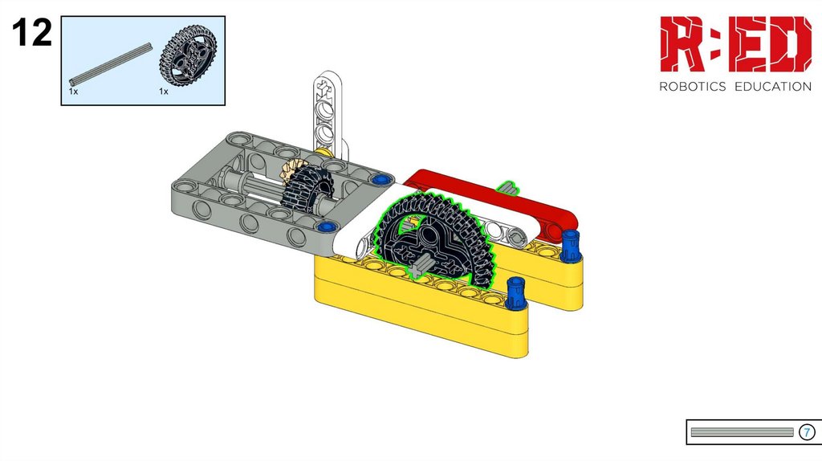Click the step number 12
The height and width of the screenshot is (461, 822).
(32, 33)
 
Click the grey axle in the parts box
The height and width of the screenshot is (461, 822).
(111, 64)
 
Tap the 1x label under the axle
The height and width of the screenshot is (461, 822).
(73, 92)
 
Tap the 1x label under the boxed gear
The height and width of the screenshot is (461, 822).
(164, 92)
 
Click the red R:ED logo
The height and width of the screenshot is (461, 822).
(735, 44)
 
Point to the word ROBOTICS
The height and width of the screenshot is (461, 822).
(693, 87)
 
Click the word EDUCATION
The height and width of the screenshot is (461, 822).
(773, 87)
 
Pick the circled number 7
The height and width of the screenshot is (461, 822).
(807, 432)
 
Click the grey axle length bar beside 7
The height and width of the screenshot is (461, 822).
(742, 432)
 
